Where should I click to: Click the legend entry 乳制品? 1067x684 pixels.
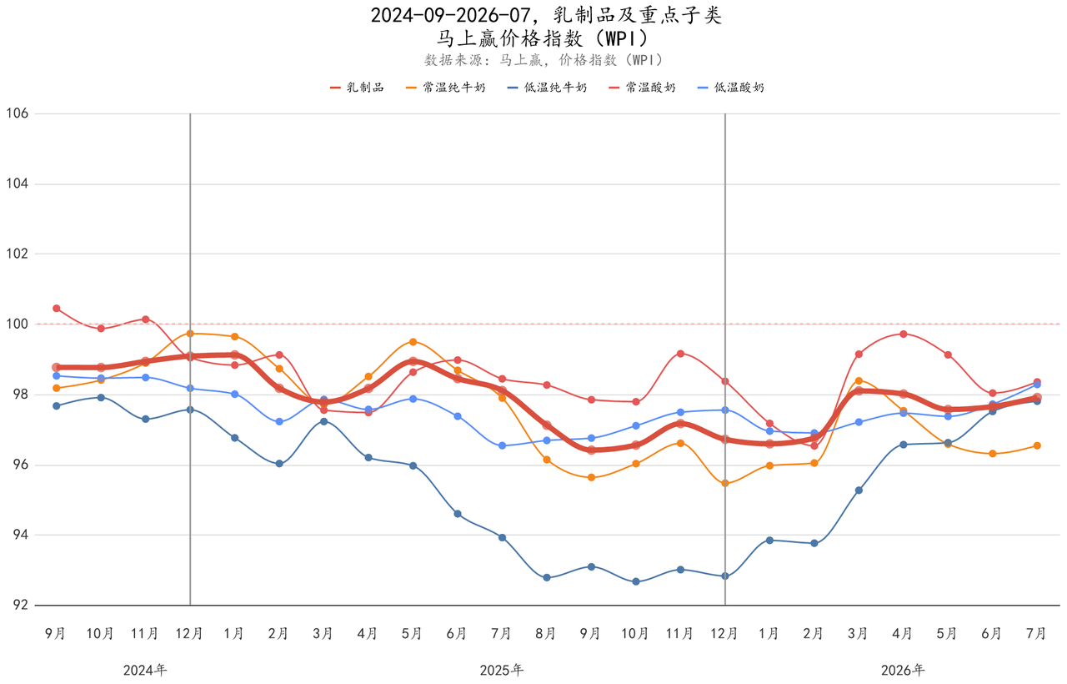[x=357, y=88]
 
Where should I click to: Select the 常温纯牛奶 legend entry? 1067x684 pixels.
[x=446, y=88]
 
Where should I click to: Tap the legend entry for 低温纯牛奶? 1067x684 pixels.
[x=548, y=88]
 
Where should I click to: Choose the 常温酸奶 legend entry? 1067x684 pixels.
[x=642, y=88]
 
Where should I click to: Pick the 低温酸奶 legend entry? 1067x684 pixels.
[x=731, y=88]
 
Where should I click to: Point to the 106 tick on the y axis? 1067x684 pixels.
[x=18, y=113]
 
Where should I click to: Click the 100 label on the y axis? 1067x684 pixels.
[x=18, y=324]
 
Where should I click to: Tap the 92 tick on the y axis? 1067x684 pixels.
[x=21, y=605]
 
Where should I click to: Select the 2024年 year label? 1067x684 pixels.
[x=145, y=670]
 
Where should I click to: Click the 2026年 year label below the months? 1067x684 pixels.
[x=903, y=670]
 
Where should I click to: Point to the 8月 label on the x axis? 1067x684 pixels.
[x=546, y=633]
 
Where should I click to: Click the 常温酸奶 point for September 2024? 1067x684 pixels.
[x=56, y=309]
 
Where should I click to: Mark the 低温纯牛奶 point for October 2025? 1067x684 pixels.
[x=636, y=581]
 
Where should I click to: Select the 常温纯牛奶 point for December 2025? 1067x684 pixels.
[x=725, y=483]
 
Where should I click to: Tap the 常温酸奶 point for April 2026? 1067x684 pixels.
[x=903, y=334]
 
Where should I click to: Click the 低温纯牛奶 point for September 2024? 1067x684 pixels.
[x=56, y=406]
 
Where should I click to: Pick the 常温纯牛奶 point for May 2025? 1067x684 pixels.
[x=413, y=342]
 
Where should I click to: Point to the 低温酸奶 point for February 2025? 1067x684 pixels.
[x=279, y=422]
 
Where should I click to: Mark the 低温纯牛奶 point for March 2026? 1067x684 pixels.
[x=859, y=490]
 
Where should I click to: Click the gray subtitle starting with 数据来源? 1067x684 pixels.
[x=544, y=60]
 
